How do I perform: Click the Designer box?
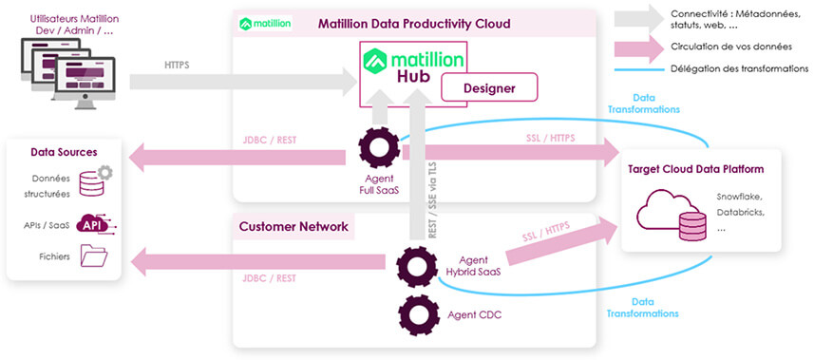click(488, 88)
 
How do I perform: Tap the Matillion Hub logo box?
click(412, 73)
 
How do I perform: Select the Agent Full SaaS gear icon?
click(379, 149)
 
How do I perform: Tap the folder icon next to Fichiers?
click(95, 255)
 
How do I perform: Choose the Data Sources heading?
click(64, 152)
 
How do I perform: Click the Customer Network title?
click(293, 227)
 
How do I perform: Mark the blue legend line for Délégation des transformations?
click(637, 68)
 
